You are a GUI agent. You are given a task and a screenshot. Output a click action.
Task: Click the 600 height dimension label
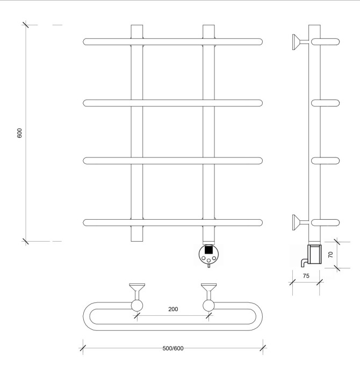pyautogui.click(x=20, y=133)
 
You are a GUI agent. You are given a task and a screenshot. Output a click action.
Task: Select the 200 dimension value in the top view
pyautogui.click(x=172, y=309)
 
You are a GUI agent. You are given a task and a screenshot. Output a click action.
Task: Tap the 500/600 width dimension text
pyautogui.click(x=173, y=348)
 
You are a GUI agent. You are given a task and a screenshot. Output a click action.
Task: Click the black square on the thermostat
pyautogui.click(x=208, y=250)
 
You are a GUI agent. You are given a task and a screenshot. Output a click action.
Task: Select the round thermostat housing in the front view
pyautogui.click(x=208, y=255)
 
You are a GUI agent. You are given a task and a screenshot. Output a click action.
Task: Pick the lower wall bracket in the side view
pyautogui.click(x=296, y=221)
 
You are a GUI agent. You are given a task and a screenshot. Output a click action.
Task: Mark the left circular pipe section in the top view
pyautogui.click(x=137, y=306)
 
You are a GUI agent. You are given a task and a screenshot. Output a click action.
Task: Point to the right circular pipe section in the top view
pyautogui.click(x=208, y=306)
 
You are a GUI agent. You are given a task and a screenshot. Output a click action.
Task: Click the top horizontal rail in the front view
pyautogui.click(x=173, y=42)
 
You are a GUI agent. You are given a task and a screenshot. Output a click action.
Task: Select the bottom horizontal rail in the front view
pyautogui.click(x=173, y=221)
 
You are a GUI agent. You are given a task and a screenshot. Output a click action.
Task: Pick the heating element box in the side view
pyautogui.click(x=313, y=253)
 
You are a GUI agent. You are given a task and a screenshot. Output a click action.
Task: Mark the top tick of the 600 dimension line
pyautogui.click(x=26, y=25)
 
